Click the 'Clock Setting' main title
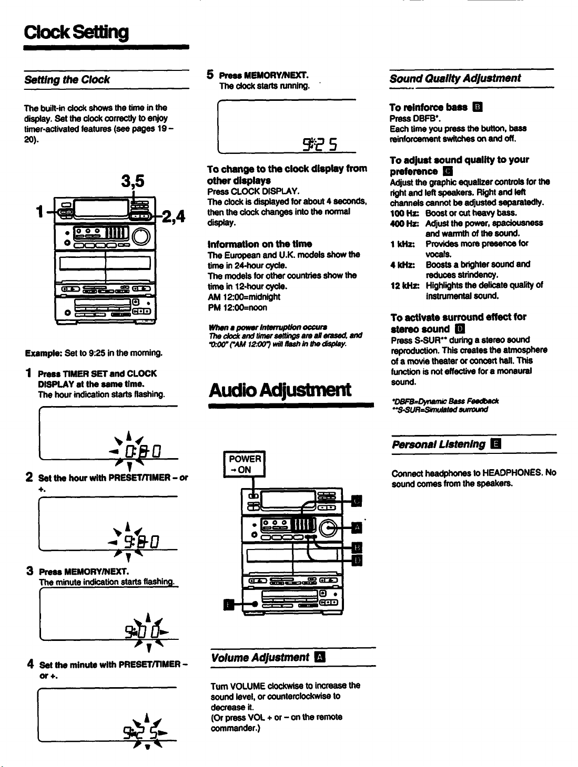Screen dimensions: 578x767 (76, 33)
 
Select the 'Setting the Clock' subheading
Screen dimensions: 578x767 (67, 80)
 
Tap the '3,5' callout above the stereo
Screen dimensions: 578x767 (133, 181)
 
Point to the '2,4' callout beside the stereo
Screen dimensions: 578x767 (174, 216)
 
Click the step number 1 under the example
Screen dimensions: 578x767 (29, 373)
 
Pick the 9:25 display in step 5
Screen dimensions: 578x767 (320, 144)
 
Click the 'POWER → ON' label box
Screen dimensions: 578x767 (245, 464)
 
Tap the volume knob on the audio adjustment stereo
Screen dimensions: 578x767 (328, 528)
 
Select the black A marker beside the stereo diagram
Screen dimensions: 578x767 (357, 527)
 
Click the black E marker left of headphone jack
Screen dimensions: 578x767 (229, 604)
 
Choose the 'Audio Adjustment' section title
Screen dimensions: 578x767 (280, 390)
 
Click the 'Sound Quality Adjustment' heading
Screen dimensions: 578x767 (455, 78)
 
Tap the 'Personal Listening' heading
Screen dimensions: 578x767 (439, 444)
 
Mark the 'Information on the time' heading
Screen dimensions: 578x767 (259, 244)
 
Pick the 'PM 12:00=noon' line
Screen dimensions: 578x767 (237, 307)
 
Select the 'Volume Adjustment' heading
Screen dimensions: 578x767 (260, 657)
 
